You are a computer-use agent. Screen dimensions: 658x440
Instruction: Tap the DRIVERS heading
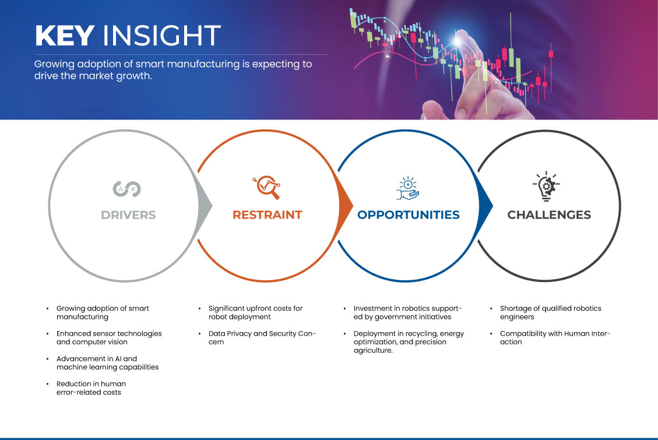click(x=128, y=215)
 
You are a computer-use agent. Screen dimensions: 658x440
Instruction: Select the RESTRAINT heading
click(x=268, y=215)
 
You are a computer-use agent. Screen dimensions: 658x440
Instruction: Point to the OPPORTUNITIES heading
click(x=409, y=215)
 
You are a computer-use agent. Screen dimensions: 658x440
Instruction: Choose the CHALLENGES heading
click(x=549, y=215)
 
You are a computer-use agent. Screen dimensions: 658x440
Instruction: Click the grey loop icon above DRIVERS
click(x=126, y=189)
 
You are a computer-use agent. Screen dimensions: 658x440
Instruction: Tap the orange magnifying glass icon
click(x=266, y=187)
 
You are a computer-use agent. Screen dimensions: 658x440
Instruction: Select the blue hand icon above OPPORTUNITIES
click(x=408, y=188)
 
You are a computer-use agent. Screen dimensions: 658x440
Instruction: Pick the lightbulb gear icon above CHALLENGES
click(x=546, y=186)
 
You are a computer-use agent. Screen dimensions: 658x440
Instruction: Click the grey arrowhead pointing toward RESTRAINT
click(x=205, y=206)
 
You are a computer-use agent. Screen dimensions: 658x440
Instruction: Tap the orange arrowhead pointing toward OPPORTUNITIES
click(x=346, y=206)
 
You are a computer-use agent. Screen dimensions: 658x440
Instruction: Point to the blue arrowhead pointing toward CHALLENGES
click(x=486, y=206)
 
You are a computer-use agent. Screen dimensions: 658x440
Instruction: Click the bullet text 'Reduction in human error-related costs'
click(x=91, y=388)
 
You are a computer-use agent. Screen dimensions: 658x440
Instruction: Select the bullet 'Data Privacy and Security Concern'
click(x=262, y=337)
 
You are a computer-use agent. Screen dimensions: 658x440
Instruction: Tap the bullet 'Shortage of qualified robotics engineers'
click(x=551, y=312)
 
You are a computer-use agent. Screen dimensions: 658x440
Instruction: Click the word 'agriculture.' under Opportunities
click(x=373, y=351)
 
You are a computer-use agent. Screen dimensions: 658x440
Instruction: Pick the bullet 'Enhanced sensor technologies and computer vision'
click(x=109, y=337)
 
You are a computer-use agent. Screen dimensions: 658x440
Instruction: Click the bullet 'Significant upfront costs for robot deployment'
click(x=255, y=312)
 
